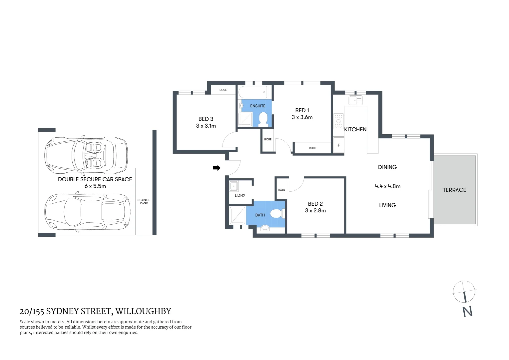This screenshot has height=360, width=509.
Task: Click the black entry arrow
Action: [x=217, y=168]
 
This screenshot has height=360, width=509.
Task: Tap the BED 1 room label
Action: [x=302, y=110]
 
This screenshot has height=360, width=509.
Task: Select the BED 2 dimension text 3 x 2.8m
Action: [x=315, y=211]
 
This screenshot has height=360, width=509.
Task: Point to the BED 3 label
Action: [x=206, y=119]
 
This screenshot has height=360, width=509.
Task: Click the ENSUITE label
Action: [x=257, y=106]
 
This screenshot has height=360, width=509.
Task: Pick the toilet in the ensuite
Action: [x=263, y=119]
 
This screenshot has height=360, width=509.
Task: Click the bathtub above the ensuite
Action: [x=253, y=92]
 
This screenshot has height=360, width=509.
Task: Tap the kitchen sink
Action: [x=355, y=100]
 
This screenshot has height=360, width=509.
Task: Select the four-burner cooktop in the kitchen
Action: [x=338, y=121]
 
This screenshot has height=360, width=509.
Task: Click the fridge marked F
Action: [x=339, y=145]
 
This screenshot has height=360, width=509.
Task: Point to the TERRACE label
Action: [x=454, y=190]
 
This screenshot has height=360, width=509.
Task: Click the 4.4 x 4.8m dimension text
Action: [x=387, y=186]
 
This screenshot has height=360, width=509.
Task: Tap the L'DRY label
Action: [x=240, y=195]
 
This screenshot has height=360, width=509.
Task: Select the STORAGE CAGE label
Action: [x=144, y=202]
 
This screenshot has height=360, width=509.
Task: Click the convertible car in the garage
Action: [x=86, y=155]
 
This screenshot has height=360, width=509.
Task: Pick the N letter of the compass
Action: [x=467, y=311]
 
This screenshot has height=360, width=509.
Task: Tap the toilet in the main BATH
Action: [x=277, y=213]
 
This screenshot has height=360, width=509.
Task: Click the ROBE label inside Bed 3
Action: [x=223, y=90]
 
